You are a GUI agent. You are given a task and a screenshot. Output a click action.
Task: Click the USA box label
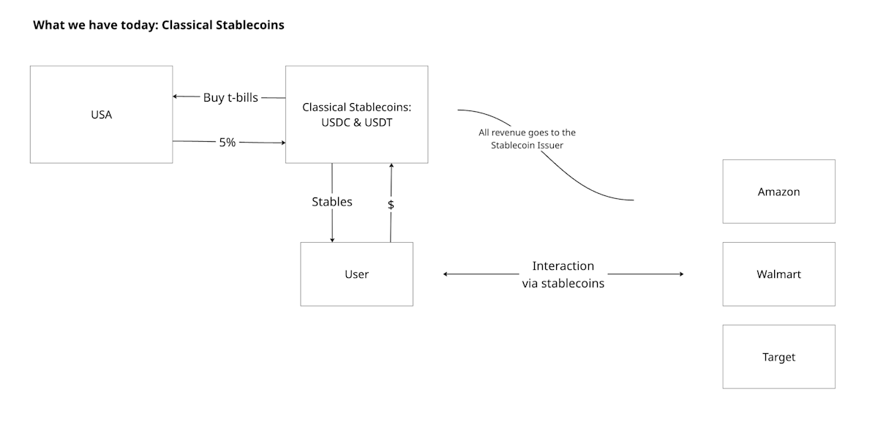(x=102, y=115)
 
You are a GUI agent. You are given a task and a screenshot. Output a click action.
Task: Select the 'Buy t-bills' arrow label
(x=230, y=97)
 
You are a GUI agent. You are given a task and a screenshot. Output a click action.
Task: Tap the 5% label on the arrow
(x=228, y=142)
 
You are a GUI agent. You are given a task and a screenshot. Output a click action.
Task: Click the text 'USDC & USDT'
(x=357, y=123)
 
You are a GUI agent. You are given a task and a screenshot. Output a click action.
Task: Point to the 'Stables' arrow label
(x=332, y=202)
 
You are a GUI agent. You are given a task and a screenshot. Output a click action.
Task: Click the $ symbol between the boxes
(x=391, y=205)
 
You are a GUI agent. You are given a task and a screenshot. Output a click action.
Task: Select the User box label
(x=357, y=274)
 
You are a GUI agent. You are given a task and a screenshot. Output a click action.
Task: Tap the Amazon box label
(x=778, y=192)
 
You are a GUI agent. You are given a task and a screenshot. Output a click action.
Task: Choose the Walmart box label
(x=778, y=274)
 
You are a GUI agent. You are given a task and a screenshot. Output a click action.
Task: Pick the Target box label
(x=778, y=357)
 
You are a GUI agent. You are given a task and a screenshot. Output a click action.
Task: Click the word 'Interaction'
(x=563, y=266)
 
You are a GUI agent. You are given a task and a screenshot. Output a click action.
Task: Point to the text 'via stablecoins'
(x=563, y=283)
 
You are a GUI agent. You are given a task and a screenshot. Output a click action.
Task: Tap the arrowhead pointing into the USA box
(x=175, y=97)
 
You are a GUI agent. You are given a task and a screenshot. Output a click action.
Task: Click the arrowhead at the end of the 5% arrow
(x=283, y=143)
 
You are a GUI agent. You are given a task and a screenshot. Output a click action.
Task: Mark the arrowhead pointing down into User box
(x=332, y=240)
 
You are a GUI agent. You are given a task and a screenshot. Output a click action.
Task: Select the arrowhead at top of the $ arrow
(x=391, y=166)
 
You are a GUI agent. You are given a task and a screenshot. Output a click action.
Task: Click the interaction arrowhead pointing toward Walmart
(x=681, y=274)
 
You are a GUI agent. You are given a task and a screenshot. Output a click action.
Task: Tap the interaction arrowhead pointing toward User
(x=446, y=274)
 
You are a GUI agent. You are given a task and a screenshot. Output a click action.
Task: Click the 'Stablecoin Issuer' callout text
(x=527, y=146)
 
